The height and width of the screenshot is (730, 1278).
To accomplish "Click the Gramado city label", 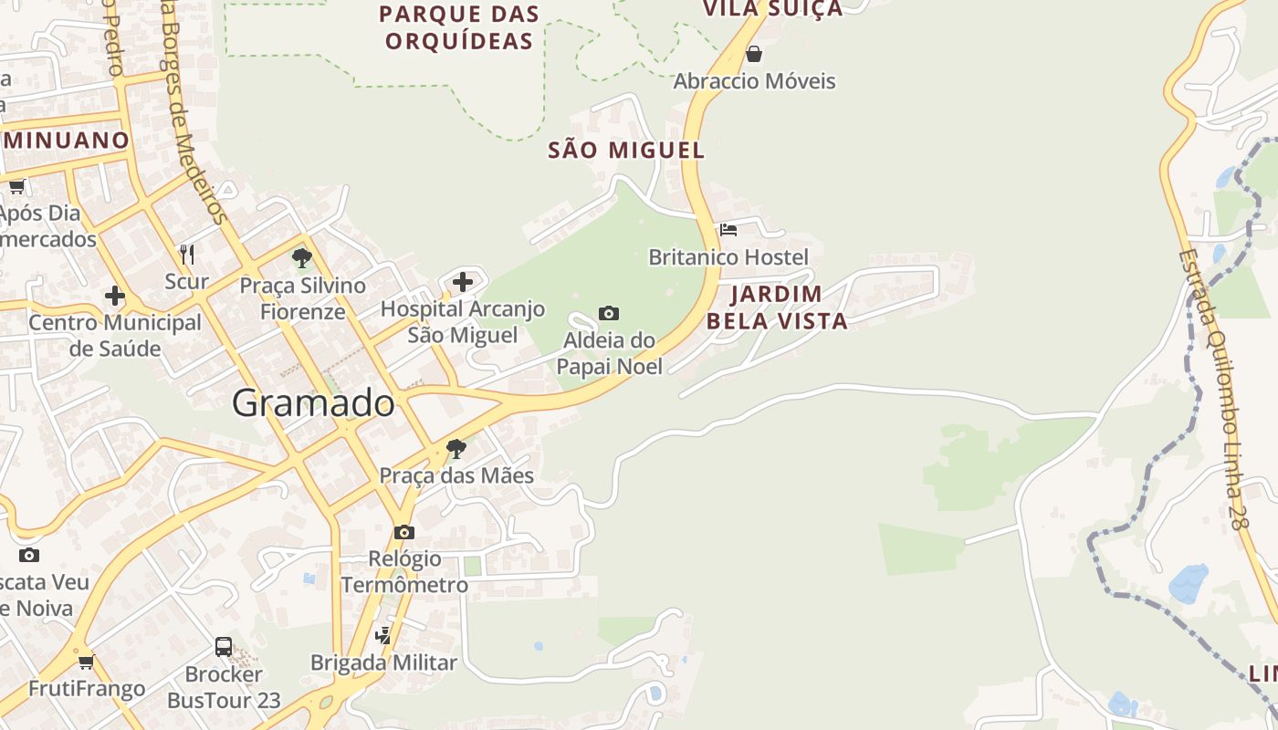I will (x=313, y=402).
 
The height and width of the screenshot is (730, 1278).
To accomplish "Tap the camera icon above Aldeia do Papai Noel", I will (x=609, y=314).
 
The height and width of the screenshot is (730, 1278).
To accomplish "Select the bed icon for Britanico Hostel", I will (x=728, y=230).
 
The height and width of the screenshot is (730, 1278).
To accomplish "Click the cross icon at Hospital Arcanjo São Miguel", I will (x=463, y=281).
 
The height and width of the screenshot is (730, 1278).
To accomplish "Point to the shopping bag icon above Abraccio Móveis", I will (x=754, y=54).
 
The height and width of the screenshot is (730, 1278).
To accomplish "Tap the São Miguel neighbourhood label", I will (x=626, y=151).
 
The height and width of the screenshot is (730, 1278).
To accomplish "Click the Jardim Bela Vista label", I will (x=777, y=308).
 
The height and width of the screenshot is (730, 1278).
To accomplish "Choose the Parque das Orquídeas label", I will (x=459, y=27).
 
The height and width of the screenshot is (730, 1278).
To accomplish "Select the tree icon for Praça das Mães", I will (x=456, y=448).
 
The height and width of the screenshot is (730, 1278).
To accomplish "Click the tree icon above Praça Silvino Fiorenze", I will (x=302, y=258).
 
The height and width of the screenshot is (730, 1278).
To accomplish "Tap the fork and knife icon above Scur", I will (x=187, y=254).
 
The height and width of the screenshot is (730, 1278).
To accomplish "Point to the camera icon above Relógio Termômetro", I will (x=404, y=532).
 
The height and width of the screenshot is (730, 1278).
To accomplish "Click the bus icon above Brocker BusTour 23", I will (x=224, y=647).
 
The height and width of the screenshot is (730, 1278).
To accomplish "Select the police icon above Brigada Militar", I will (x=384, y=635).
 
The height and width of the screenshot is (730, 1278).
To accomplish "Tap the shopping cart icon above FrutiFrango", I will (x=87, y=662).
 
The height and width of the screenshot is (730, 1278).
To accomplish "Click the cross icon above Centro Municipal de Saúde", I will (x=115, y=296).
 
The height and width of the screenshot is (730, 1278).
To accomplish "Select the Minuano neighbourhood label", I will (x=66, y=141).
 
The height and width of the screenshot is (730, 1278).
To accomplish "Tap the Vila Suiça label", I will (x=772, y=9).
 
